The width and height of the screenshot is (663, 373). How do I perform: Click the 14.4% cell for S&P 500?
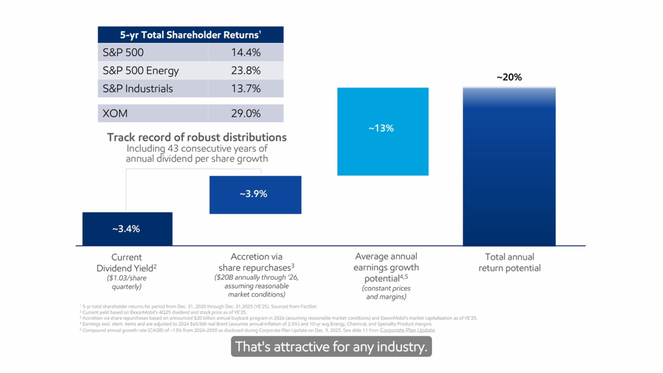(x=246, y=52)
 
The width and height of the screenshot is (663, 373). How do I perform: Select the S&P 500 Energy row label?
(x=141, y=70)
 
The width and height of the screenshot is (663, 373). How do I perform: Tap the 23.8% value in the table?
(x=246, y=70)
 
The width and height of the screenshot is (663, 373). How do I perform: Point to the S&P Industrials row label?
(x=137, y=89)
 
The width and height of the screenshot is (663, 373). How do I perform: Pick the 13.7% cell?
(x=246, y=89)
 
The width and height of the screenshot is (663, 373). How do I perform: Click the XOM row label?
(x=115, y=113)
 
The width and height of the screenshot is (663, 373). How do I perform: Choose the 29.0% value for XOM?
(x=246, y=113)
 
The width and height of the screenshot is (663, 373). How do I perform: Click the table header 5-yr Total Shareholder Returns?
(x=190, y=35)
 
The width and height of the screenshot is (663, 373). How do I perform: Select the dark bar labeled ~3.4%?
(x=127, y=229)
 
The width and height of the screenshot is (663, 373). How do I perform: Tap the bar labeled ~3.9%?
(x=255, y=195)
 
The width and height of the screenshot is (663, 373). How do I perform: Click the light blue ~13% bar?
(x=383, y=131)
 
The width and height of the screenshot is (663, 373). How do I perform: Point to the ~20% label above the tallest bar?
(x=509, y=77)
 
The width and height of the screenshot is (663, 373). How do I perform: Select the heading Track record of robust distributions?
(x=197, y=137)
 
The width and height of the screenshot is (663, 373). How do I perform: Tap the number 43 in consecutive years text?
(x=173, y=149)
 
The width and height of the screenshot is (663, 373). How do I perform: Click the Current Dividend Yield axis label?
(x=126, y=263)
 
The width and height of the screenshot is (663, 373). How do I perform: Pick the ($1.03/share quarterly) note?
(x=126, y=282)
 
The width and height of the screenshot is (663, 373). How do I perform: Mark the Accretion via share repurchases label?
(x=256, y=262)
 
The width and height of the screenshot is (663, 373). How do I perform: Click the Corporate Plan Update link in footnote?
(x=407, y=330)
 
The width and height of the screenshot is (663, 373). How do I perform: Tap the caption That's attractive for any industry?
(x=331, y=347)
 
